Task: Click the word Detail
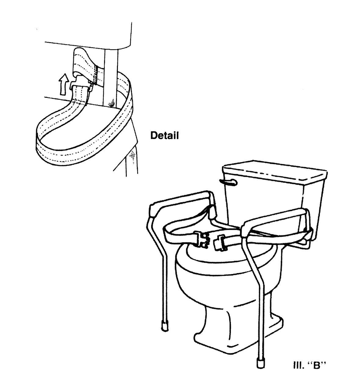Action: point(165,135)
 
